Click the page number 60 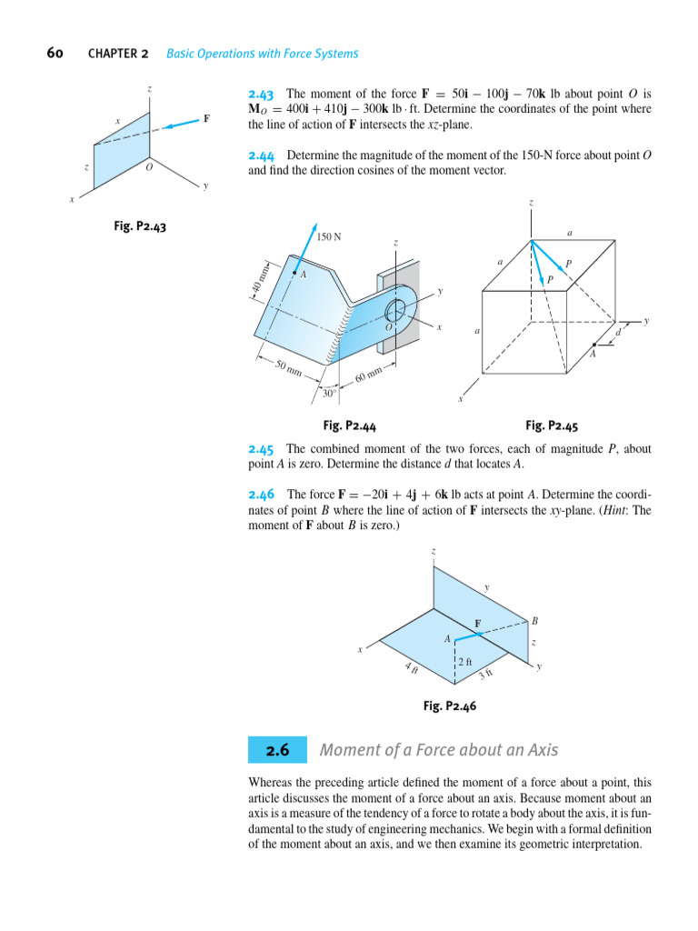(x=55, y=53)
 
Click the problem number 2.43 (x=261, y=94)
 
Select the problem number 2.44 (x=261, y=155)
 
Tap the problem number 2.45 (x=261, y=449)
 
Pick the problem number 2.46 (x=261, y=495)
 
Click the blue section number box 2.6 (x=277, y=751)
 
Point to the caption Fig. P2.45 (x=552, y=425)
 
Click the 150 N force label (x=329, y=237)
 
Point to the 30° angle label (x=329, y=394)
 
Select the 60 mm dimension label (x=369, y=373)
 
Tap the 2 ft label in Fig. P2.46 (x=465, y=662)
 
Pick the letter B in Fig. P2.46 (x=534, y=621)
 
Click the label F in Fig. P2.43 (x=206, y=119)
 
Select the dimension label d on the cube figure (x=618, y=333)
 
